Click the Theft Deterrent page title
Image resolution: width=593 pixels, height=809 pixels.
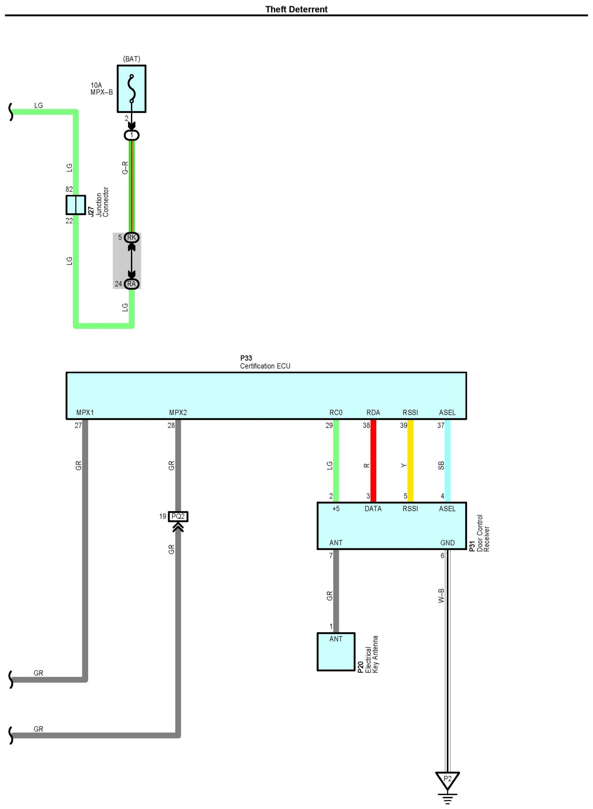[x=296, y=9]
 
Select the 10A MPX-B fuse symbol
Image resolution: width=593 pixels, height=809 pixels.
[x=131, y=89]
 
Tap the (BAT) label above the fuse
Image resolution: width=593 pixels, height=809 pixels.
[x=131, y=59]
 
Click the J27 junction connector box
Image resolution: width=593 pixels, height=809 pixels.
[x=76, y=205]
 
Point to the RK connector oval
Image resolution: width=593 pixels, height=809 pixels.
[x=131, y=238]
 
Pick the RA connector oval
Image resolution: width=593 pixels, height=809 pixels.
[x=131, y=284]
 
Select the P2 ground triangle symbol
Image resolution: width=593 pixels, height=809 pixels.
[x=447, y=780]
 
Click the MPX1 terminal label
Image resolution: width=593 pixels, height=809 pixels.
[x=85, y=412]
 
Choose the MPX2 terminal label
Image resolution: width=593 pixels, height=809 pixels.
[x=178, y=412]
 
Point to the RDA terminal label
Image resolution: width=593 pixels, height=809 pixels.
[x=373, y=412]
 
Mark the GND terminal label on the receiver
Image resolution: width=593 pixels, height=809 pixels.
[x=447, y=543]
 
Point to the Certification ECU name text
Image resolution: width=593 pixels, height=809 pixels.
[x=265, y=366]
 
